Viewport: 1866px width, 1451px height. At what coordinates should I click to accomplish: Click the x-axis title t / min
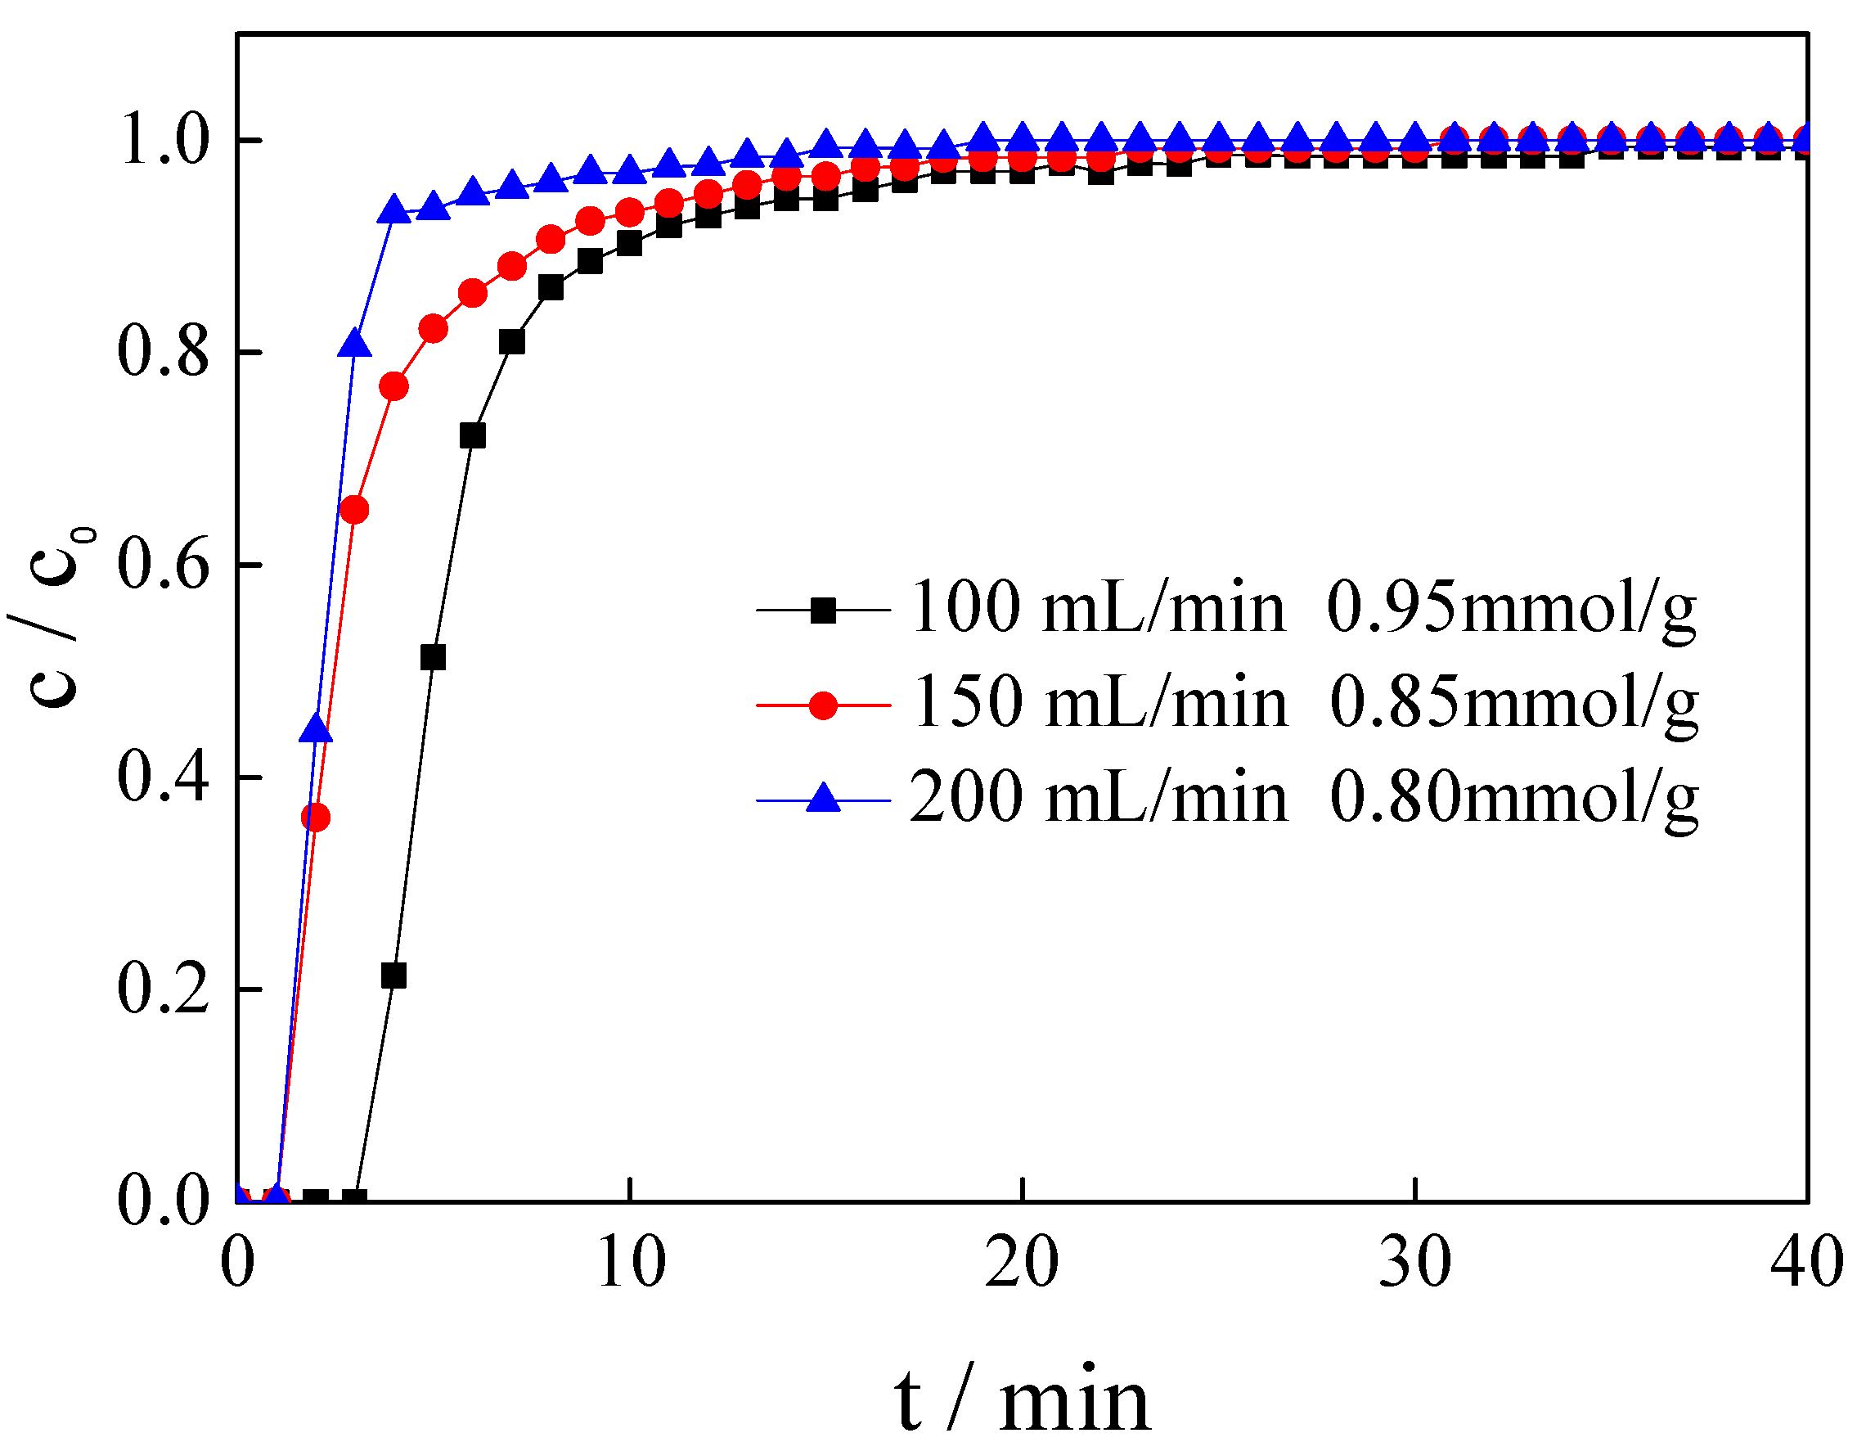pyautogui.click(x=1022, y=1401)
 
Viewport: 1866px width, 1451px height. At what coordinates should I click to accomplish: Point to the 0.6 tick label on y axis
pyautogui.click(x=162, y=565)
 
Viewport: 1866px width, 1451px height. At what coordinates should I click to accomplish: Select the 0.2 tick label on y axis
pyautogui.click(x=162, y=989)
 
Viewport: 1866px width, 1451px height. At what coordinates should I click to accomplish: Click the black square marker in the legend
pyautogui.click(x=823, y=611)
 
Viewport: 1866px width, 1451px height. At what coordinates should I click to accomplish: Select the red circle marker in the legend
pyautogui.click(x=823, y=705)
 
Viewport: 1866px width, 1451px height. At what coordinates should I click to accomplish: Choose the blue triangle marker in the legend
pyautogui.click(x=824, y=799)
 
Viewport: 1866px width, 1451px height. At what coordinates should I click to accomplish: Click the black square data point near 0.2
pyautogui.click(x=393, y=976)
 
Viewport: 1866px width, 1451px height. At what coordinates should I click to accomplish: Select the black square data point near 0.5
pyautogui.click(x=434, y=658)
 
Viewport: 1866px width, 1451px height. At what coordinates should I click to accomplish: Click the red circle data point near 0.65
pyautogui.click(x=354, y=511)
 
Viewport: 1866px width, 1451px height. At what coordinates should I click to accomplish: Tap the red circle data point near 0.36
pyautogui.click(x=316, y=818)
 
